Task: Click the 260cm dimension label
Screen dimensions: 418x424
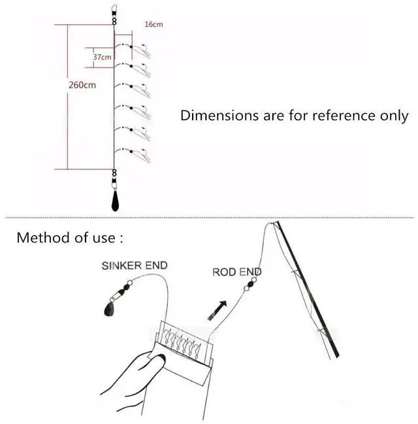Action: tap(82, 85)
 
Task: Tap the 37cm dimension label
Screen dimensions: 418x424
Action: tap(102, 57)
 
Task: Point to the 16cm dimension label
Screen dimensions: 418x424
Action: tap(154, 24)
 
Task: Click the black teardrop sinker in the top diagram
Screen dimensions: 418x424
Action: tap(115, 201)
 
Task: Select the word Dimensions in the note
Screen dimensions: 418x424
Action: tap(219, 116)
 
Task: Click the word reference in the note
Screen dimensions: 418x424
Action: tap(344, 116)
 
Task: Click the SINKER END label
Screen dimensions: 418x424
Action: tap(135, 265)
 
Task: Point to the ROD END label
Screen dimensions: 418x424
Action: tap(237, 272)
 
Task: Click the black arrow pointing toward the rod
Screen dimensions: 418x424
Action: tap(217, 311)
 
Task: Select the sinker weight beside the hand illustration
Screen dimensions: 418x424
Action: tap(109, 308)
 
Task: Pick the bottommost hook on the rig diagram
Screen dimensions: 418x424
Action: tap(141, 155)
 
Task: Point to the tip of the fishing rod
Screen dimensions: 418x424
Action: tap(276, 223)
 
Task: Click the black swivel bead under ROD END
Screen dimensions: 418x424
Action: tap(250, 284)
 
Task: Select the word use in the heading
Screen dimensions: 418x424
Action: tap(104, 238)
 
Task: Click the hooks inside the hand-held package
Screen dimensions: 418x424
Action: tap(183, 341)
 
